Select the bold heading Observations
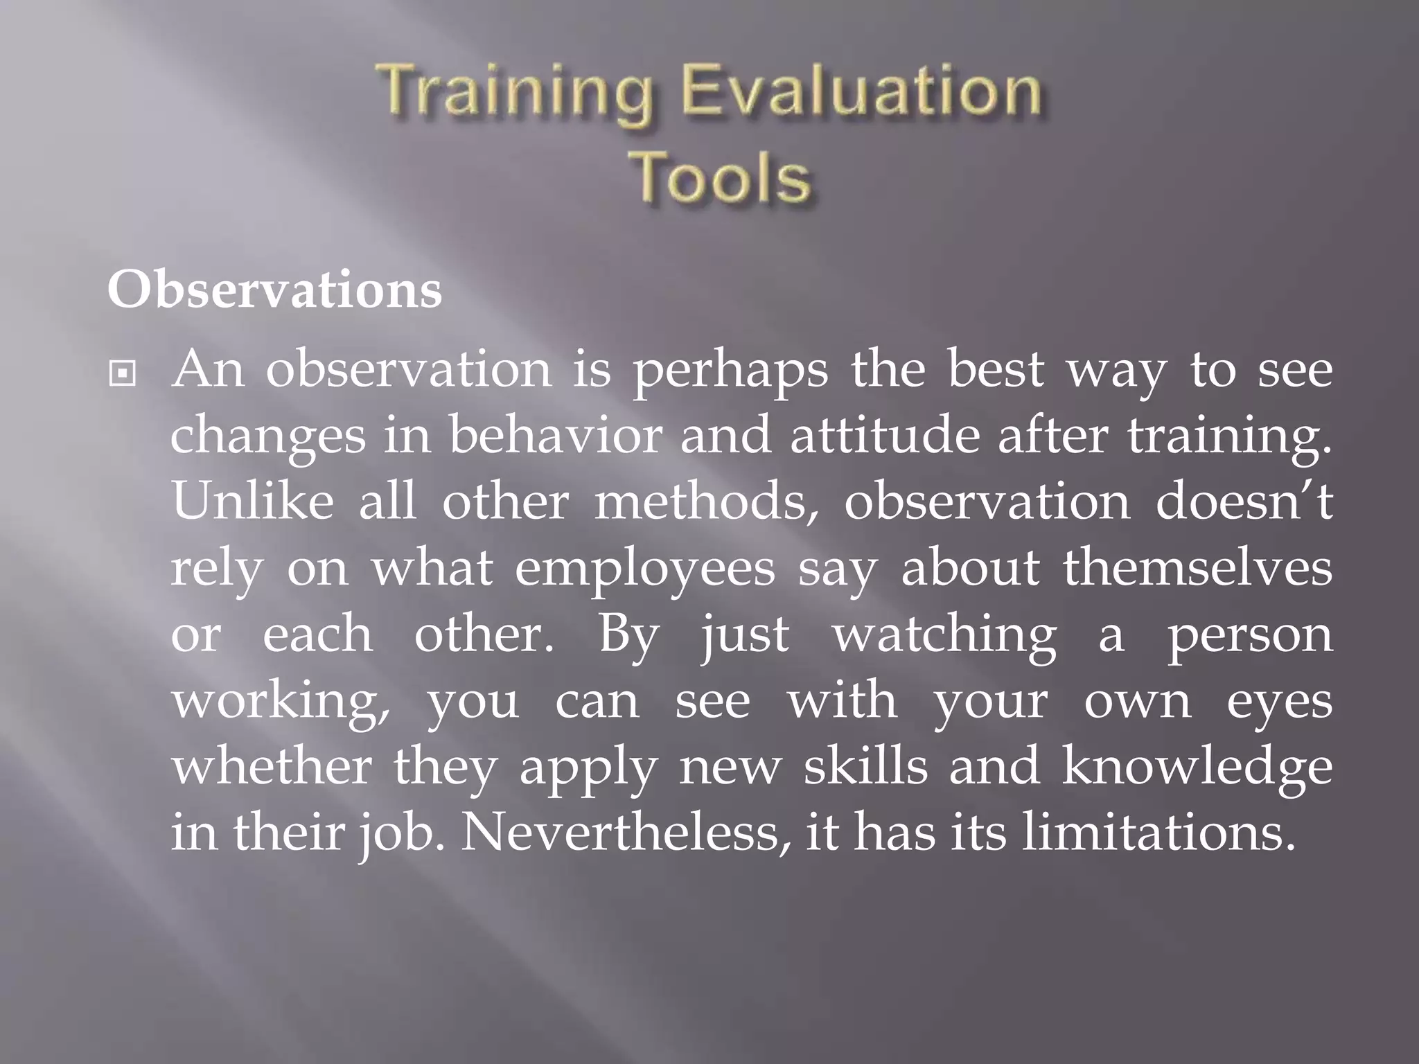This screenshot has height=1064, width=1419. click(274, 290)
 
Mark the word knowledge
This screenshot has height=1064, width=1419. click(1197, 768)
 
